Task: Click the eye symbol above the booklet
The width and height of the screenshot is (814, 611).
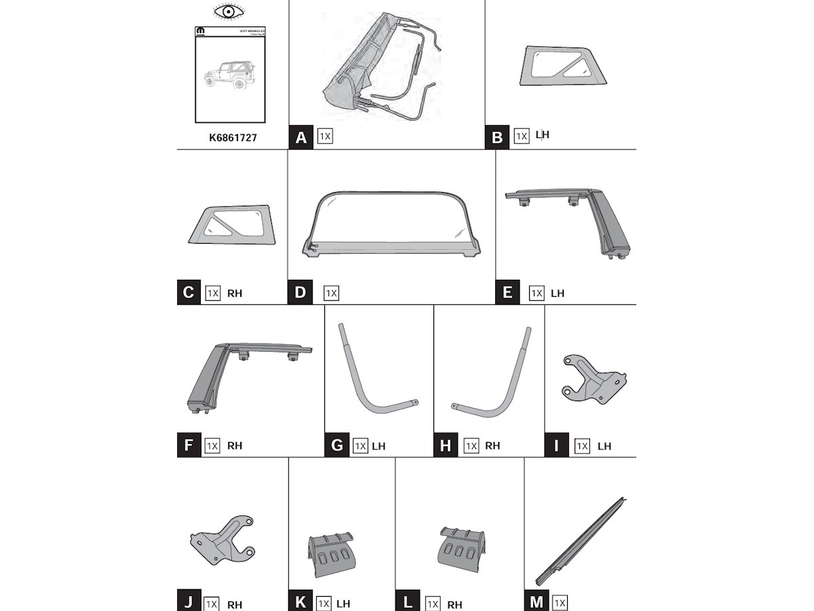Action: pyautogui.click(x=229, y=12)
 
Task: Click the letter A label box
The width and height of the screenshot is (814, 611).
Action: pyautogui.click(x=301, y=137)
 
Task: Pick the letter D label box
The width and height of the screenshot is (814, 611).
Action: pyautogui.click(x=301, y=293)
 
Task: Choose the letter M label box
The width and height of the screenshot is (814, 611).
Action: pyautogui.click(x=537, y=601)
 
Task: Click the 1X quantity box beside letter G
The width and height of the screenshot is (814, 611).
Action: pyautogui.click(x=360, y=446)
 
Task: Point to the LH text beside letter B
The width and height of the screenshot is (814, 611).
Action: pyautogui.click(x=542, y=134)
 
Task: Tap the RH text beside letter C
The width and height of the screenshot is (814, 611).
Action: pyautogui.click(x=234, y=294)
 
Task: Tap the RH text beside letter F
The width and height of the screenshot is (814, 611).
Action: pyautogui.click(x=234, y=446)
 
